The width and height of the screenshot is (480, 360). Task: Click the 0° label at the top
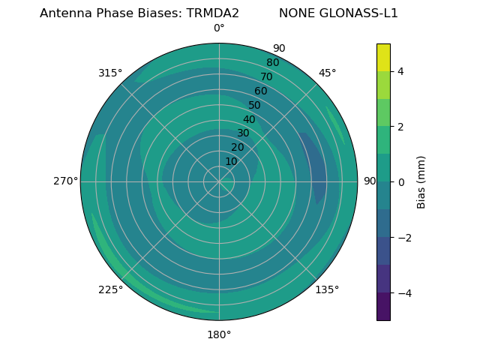coord(219,28)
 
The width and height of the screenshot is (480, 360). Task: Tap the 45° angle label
coord(327,73)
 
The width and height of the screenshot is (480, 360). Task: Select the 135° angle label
coord(327,289)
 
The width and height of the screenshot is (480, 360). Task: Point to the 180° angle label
coord(219,334)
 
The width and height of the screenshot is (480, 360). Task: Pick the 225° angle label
coord(110,289)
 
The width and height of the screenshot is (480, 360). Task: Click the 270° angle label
coord(65,181)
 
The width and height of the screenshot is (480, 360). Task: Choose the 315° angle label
coord(110,73)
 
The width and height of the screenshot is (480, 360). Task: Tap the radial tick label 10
coord(231,161)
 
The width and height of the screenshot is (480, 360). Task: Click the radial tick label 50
coord(255,105)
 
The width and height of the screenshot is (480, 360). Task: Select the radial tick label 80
coord(272,62)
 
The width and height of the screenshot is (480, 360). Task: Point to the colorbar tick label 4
coord(401,71)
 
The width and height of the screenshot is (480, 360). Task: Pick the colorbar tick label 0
coord(401,181)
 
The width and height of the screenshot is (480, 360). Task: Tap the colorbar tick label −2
coord(404,237)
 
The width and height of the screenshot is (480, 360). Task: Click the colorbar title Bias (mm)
coord(421,181)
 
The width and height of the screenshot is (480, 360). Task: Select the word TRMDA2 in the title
coord(213,13)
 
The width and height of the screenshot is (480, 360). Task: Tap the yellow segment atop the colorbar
coord(383,57)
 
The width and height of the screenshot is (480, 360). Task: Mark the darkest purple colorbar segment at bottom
coord(383,307)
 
